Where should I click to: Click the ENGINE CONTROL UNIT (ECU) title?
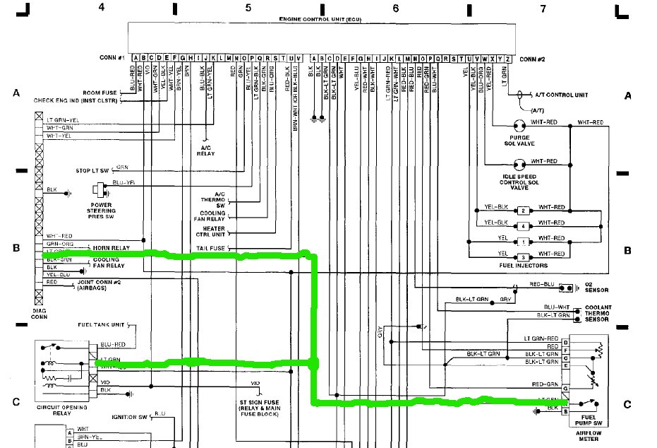[321, 18]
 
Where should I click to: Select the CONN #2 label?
[534, 59]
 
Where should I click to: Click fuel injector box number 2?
[523, 211]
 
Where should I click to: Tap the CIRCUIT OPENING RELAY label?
[64, 411]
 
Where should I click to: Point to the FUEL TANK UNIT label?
[101, 324]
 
